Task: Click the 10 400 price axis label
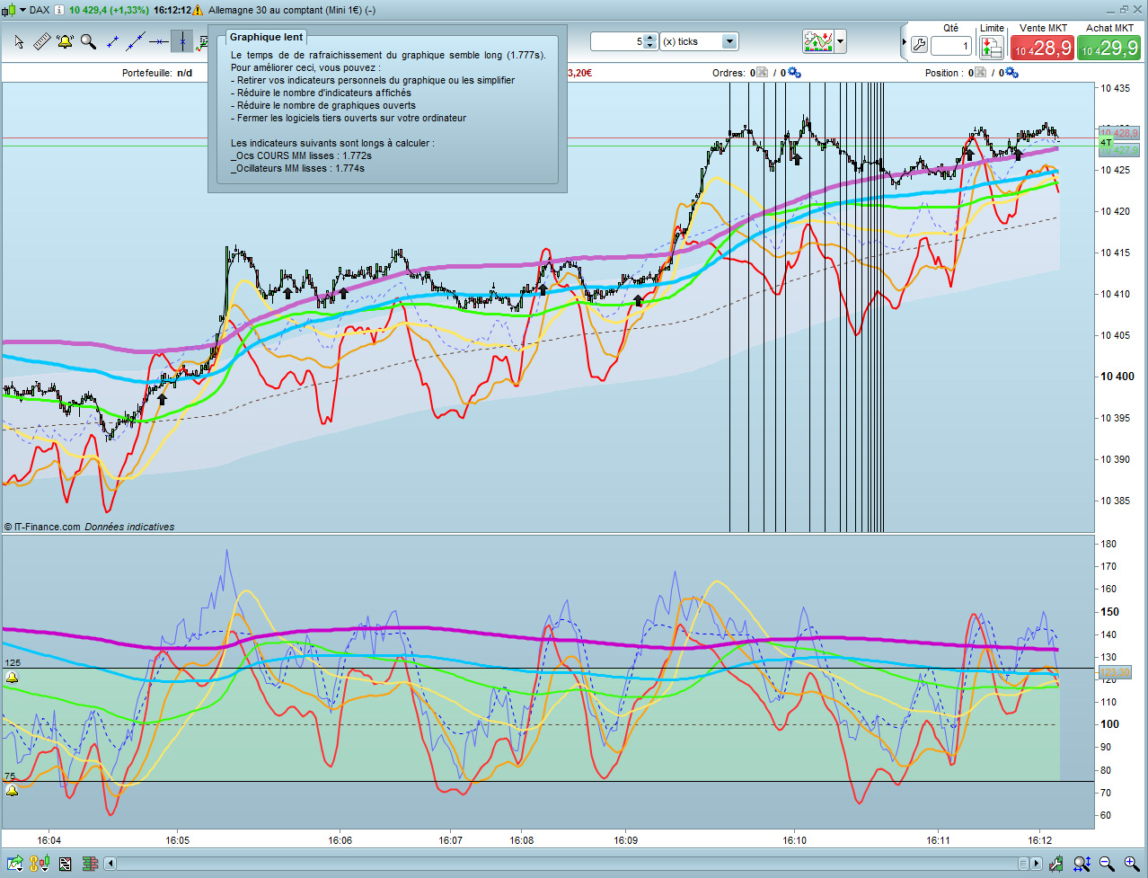(1117, 377)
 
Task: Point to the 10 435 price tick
(1117, 88)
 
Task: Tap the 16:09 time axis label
(626, 841)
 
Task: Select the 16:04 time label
(49, 841)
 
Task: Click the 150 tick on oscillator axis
(1110, 612)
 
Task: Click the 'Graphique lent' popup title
(266, 37)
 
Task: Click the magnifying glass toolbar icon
(88, 41)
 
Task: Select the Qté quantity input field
(951, 46)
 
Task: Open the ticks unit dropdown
(729, 41)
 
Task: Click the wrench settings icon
(919, 45)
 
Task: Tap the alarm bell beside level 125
(12, 678)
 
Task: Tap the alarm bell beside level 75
(12, 791)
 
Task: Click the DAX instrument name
(40, 10)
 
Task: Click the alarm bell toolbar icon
(65, 41)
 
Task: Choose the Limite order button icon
(992, 46)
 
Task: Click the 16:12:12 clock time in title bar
(172, 10)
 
